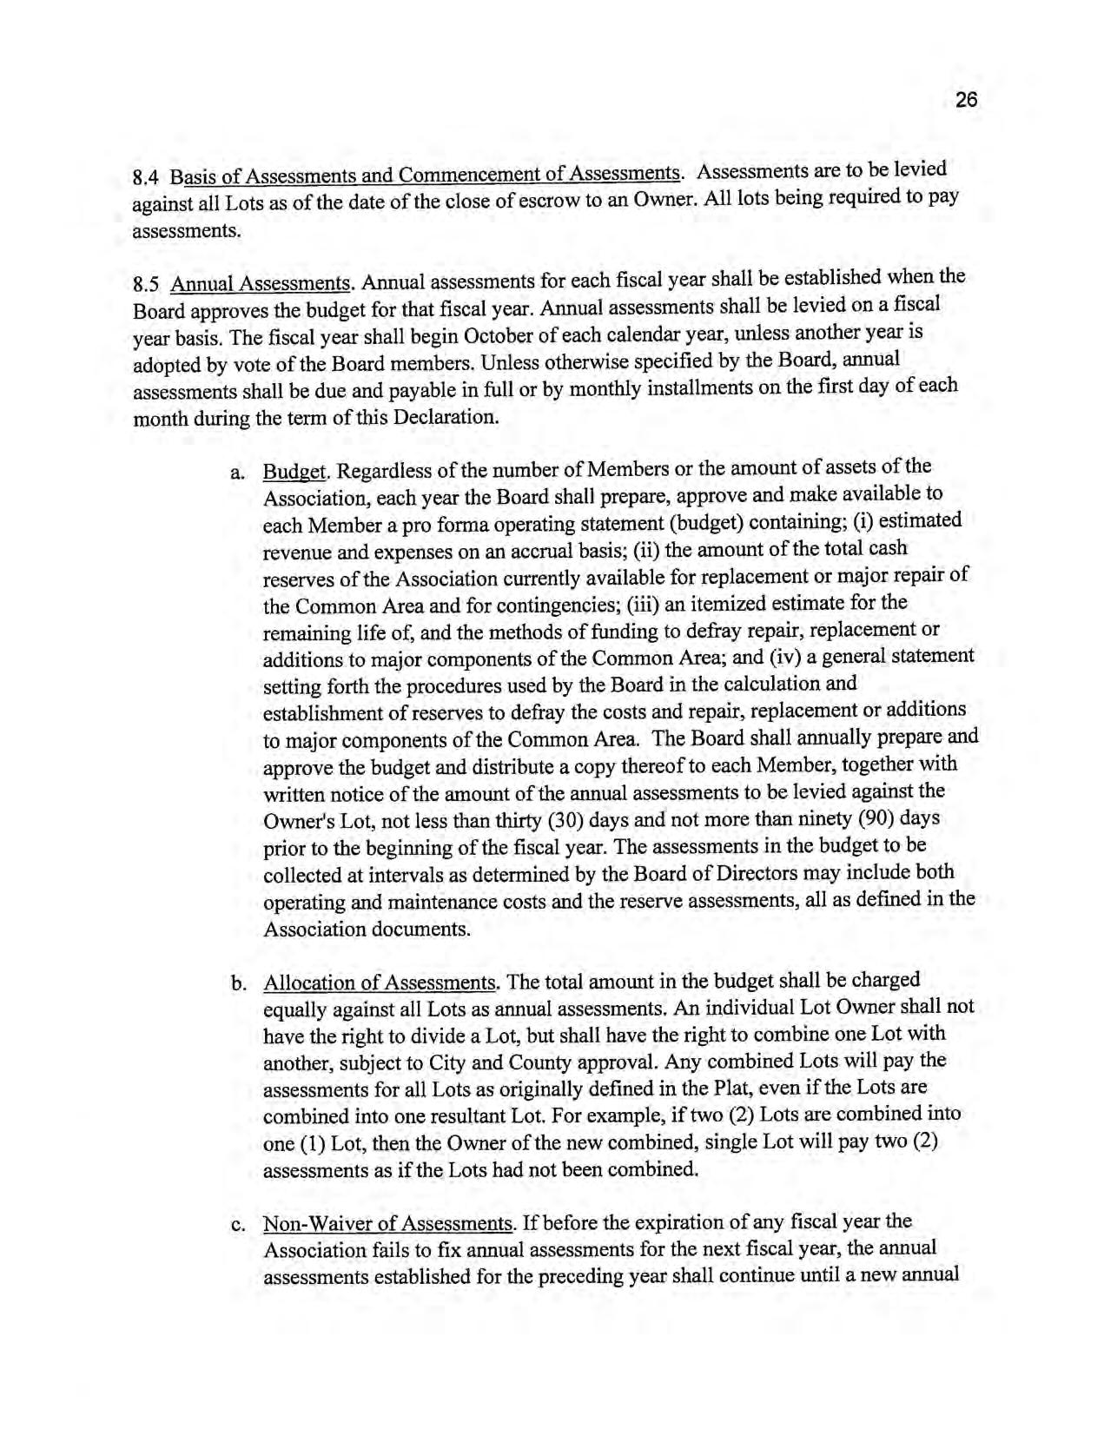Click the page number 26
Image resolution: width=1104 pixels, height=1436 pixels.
[x=966, y=101]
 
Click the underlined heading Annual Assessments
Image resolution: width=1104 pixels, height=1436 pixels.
[x=261, y=283]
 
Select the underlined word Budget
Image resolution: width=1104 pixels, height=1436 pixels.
[x=294, y=472]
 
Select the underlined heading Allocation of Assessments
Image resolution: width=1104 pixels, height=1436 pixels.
[x=380, y=983]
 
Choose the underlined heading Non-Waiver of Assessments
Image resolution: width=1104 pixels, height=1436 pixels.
[x=387, y=1224]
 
